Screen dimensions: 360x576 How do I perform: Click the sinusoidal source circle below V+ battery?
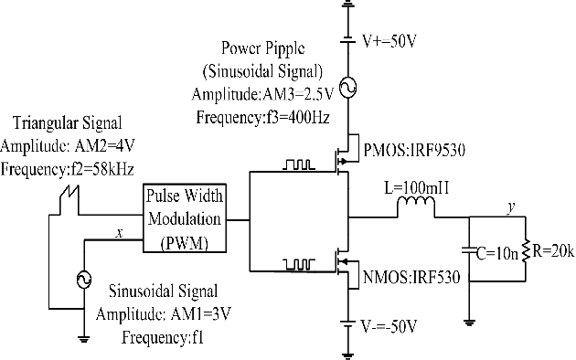click(x=347, y=88)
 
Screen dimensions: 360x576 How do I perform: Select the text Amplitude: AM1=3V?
click(x=157, y=315)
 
